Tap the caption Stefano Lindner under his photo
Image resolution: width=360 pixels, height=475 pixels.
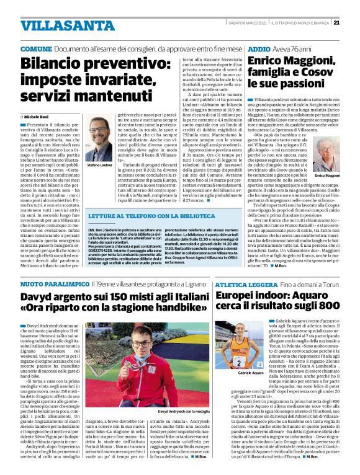tap(98, 166)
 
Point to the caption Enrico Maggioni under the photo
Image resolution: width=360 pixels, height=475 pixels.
tap(327, 176)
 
